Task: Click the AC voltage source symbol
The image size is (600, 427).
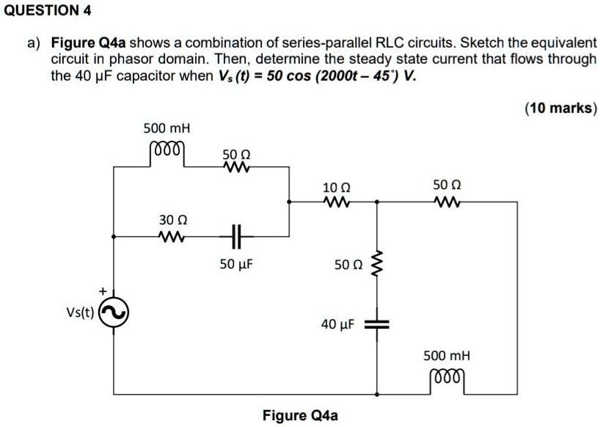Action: [114, 315]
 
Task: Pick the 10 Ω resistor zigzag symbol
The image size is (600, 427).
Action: [336, 201]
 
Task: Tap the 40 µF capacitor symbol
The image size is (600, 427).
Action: [377, 324]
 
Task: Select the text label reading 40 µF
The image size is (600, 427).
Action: [338, 324]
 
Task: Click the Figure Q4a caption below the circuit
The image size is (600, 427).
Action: [300, 416]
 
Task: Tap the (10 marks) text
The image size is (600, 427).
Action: [561, 109]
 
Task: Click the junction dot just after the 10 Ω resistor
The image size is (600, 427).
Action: [377, 201]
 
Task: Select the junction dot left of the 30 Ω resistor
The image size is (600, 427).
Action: [114, 237]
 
